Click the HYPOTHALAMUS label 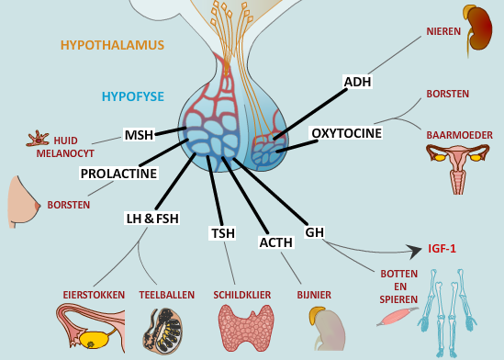tap(112, 44)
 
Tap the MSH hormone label tap(139, 136)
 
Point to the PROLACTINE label tap(118, 173)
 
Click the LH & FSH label tap(152, 218)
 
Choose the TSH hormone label tap(223, 233)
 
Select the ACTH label tap(275, 242)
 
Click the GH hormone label tap(315, 232)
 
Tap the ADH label tap(357, 82)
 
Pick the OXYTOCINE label tap(346, 133)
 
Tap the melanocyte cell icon tap(39, 140)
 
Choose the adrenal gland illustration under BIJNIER tap(322, 327)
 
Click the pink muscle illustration tap(396, 315)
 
